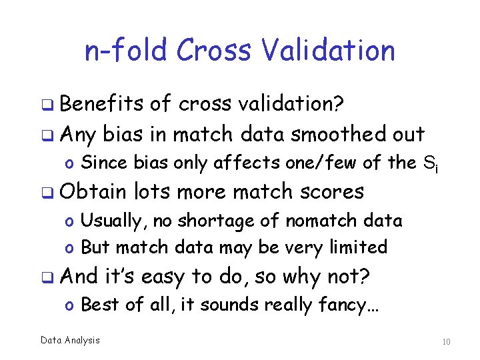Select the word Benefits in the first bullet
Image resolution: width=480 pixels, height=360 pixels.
[x=102, y=103]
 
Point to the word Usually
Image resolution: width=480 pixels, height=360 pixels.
[x=106, y=221]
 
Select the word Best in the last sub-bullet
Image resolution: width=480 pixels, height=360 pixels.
[x=100, y=305]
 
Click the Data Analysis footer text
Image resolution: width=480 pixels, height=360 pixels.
[x=70, y=341]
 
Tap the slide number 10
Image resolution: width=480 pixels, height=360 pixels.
[x=446, y=342]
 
